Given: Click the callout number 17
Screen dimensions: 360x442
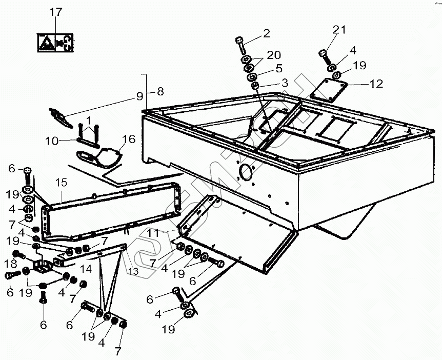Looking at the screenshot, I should click(55, 13).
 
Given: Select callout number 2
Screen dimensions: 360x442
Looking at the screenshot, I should click(266, 34).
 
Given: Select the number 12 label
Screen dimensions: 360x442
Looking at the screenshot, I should click(376, 84).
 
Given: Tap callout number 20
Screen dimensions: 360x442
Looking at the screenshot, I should click(274, 55).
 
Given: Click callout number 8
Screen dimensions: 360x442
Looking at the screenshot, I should click(160, 92).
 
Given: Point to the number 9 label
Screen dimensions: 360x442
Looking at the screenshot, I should click(138, 94).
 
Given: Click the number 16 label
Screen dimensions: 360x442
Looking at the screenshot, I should click(128, 138).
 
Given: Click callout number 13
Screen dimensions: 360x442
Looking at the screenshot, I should click(132, 270).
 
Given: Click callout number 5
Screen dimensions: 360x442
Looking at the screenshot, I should click(278, 68).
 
